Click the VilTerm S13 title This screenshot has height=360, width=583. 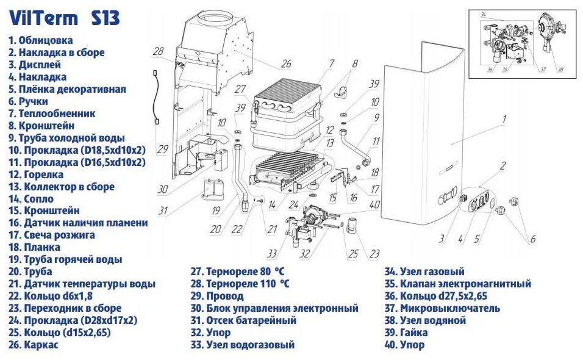[x=64, y=18]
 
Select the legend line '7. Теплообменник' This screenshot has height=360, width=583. [x=52, y=113]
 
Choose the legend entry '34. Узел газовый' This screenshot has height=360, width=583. [x=424, y=272]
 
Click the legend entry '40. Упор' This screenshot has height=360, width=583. [x=406, y=345]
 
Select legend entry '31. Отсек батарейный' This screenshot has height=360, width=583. [x=243, y=320]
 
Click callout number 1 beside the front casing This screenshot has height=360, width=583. [x=504, y=120]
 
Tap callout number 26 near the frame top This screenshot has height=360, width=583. [x=286, y=63]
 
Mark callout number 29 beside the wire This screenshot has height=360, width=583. [x=162, y=149]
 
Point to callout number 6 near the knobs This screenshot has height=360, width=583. [x=532, y=239]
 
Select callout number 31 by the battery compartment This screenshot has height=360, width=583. [x=162, y=211]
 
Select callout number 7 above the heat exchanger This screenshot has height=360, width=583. [x=331, y=63]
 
